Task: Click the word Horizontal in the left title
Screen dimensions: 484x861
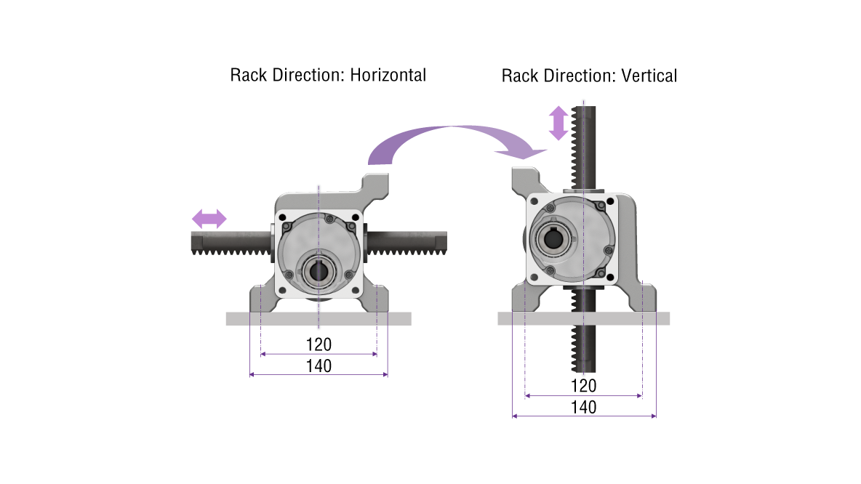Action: point(388,75)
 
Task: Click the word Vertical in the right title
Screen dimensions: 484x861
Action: point(649,76)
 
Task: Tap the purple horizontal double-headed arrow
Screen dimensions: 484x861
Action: point(209,218)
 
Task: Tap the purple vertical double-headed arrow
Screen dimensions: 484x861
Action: point(558,123)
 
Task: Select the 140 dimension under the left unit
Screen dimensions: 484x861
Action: point(319,366)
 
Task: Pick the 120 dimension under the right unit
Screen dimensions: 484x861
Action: point(583,386)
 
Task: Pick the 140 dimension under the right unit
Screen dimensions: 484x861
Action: point(583,407)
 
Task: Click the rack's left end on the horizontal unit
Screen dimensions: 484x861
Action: point(198,242)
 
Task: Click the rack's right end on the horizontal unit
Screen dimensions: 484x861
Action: point(440,241)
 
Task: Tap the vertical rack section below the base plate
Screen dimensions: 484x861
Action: point(585,349)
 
